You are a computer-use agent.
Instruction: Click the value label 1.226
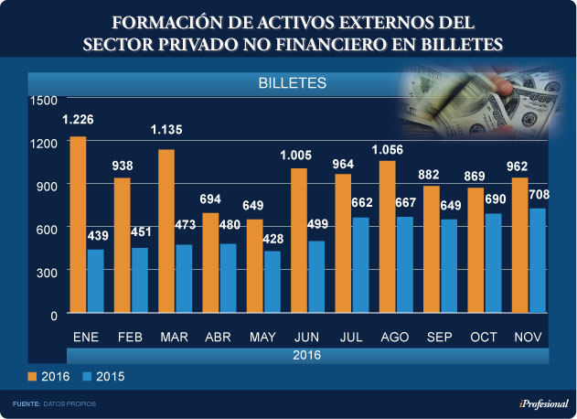[78, 120]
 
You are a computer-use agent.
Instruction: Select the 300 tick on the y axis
[48, 272]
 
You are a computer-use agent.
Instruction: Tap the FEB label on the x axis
[130, 338]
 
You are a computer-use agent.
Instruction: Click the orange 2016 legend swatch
[31, 376]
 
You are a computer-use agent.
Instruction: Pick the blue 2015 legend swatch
[87, 376]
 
